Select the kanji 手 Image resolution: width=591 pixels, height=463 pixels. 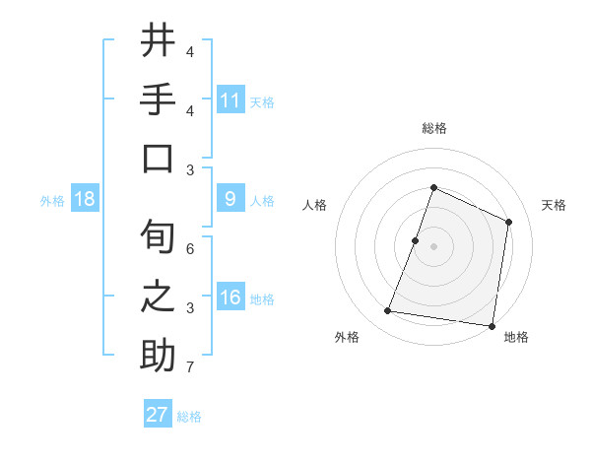(x=158, y=101)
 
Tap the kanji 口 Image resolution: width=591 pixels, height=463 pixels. (x=158, y=160)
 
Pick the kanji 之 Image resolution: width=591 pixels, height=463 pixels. (x=158, y=297)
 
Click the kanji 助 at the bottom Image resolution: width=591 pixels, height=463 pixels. (x=158, y=355)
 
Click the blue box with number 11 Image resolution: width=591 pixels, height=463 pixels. (x=230, y=99)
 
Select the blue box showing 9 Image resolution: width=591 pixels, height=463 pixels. (x=230, y=199)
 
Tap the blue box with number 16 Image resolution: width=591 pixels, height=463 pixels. (x=230, y=298)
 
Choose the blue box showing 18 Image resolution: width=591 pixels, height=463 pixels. (x=85, y=199)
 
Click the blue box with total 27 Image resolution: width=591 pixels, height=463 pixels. (x=158, y=415)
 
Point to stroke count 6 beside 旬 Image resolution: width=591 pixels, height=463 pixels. (x=190, y=249)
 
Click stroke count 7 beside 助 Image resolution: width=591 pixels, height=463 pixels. (x=190, y=367)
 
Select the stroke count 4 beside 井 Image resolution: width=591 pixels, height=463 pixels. (x=190, y=51)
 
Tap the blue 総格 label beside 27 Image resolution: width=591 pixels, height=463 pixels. (x=189, y=417)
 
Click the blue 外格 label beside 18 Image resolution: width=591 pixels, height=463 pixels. (x=52, y=201)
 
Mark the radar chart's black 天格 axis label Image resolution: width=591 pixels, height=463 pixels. (x=554, y=205)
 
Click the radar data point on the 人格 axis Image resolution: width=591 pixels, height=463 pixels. (x=416, y=240)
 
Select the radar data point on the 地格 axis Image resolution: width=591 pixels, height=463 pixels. (x=491, y=325)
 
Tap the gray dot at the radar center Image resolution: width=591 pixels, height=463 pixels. (x=433, y=246)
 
